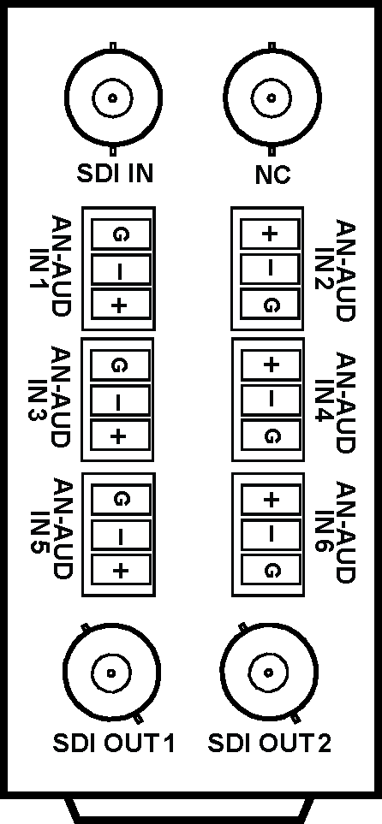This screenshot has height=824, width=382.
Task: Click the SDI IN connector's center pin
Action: pyautogui.click(x=111, y=98)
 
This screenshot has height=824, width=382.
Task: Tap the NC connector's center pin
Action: pyautogui.click(x=271, y=98)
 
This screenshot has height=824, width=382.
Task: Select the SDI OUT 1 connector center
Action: pyautogui.click(x=111, y=673)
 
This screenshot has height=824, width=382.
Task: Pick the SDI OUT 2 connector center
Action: pyautogui.click(x=269, y=673)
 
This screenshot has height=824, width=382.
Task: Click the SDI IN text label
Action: pyautogui.click(x=116, y=174)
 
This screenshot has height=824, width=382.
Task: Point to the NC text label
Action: pyautogui.click(x=272, y=175)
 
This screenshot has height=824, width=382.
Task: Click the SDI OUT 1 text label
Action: pyautogui.click(x=114, y=744)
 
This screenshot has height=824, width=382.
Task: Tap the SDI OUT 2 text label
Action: pyautogui.click(x=270, y=744)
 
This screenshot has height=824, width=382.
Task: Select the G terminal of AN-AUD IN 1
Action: pyautogui.click(x=121, y=234)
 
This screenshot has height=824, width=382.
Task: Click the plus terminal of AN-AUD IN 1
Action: pyautogui.click(x=121, y=304)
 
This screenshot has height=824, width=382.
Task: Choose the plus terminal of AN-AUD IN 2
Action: pyautogui.click(x=270, y=234)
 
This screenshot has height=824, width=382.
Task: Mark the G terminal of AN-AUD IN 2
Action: pyautogui.click(x=270, y=305)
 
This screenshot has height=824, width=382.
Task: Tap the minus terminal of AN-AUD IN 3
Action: pyautogui.click(x=120, y=401)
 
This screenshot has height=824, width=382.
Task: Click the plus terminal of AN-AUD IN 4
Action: pyautogui.click(x=271, y=365)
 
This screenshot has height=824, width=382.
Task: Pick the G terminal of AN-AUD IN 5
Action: pyautogui.click(x=121, y=499)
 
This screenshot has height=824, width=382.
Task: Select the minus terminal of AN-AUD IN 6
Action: pyautogui.click(x=271, y=535)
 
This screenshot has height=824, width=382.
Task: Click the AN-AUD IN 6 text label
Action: pyautogui.click(x=336, y=532)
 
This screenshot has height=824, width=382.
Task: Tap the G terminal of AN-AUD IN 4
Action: pyautogui.click(x=271, y=436)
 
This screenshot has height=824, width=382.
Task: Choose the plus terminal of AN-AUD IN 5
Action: pyautogui.click(x=121, y=569)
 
